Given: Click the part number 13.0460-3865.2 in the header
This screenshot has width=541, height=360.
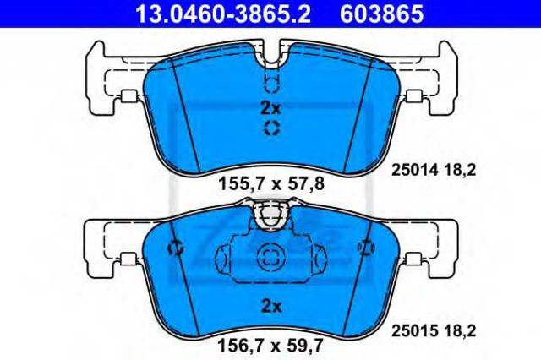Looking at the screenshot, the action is click(x=223, y=14).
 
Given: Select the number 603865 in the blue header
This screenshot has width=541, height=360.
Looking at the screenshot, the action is click(x=382, y=14).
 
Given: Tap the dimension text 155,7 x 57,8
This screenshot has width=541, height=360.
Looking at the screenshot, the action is click(x=271, y=183).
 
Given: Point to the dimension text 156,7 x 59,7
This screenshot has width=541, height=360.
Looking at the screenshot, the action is click(x=270, y=345).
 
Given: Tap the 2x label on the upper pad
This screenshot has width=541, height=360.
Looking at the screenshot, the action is click(x=270, y=108).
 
